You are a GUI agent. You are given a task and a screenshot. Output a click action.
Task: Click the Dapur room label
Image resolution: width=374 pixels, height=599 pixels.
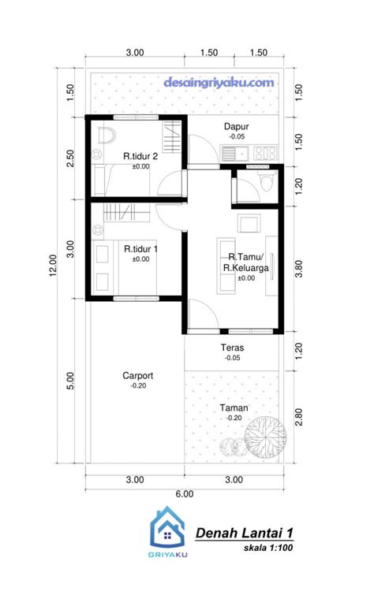click(237, 126)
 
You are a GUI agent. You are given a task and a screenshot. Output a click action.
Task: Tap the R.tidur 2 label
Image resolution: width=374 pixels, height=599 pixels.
click(140, 156)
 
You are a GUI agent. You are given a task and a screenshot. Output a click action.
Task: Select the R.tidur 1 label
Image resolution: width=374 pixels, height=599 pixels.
click(140, 249)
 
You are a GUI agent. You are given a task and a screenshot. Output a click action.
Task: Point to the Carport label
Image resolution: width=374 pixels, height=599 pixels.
click(137, 375)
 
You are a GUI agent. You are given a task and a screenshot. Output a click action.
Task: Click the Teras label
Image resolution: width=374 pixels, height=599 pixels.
click(232, 348)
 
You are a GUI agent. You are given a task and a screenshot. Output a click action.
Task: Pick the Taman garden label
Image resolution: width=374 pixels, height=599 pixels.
click(234, 407)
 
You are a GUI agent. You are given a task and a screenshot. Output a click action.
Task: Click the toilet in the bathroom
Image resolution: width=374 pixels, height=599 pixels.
click(267, 180)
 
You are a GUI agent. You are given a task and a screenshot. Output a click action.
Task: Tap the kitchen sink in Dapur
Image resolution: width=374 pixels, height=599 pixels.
click(235, 154)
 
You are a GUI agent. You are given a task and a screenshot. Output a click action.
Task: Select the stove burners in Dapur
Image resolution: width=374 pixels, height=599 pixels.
click(265, 153)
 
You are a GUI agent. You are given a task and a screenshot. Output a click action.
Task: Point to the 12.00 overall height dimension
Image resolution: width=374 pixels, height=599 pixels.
click(53, 265)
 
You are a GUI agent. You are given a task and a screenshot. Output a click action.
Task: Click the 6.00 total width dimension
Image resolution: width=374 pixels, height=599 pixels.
click(185, 494)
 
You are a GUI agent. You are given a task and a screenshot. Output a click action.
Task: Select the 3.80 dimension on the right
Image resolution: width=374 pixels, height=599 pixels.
click(299, 269)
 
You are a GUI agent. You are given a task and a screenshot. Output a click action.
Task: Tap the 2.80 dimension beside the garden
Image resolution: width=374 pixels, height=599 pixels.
click(299, 417)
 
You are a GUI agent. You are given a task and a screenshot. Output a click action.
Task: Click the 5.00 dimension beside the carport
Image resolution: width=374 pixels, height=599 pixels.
click(70, 381)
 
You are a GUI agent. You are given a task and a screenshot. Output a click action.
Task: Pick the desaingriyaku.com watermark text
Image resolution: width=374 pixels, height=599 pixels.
click(219, 83)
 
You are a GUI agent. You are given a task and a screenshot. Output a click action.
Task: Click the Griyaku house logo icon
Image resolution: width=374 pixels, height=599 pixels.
click(167, 526)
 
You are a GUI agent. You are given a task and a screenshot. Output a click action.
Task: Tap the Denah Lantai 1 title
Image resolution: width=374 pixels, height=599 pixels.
click(245, 533)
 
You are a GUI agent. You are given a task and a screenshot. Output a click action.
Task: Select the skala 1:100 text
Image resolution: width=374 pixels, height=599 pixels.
click(268, 548)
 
